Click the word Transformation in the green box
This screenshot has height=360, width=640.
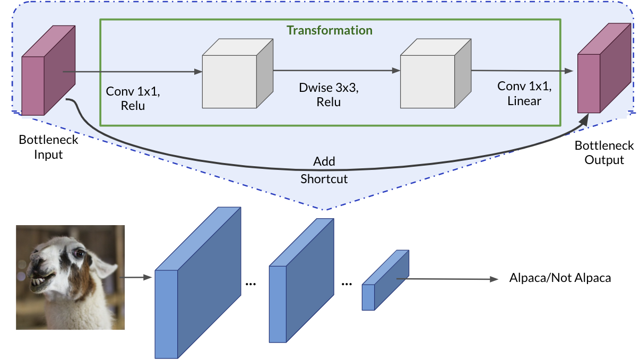(x=330, y=30)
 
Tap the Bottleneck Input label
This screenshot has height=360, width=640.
(x=48, y=148)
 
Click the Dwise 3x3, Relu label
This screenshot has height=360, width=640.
(x=328, y=95)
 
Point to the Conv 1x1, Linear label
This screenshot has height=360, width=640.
(x=524, y=93)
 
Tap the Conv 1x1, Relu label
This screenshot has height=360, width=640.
(x=133, y=98)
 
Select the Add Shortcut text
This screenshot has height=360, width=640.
(x=324, y=170)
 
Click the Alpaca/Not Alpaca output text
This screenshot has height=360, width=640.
(x=560, y=278)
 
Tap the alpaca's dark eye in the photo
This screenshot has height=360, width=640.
(x=79, y=254)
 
